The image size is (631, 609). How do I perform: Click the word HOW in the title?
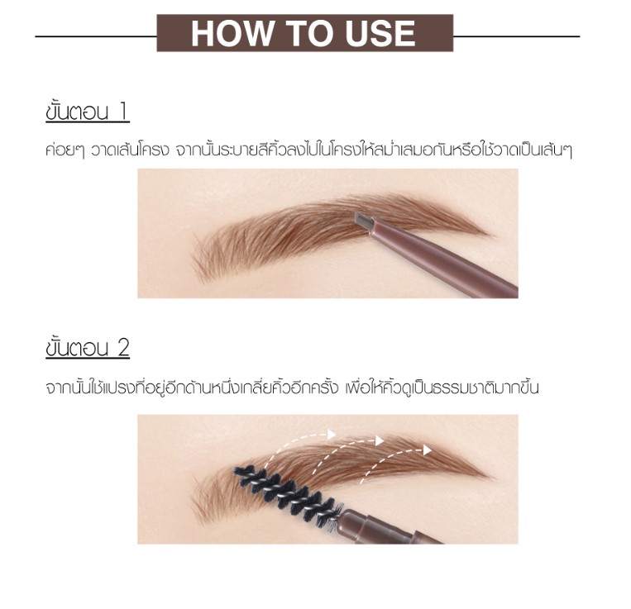point(232,33)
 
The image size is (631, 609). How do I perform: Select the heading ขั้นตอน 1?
point(88,112)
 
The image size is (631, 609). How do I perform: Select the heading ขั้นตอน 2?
point(88,347)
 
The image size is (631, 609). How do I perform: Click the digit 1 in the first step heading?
point(123,112)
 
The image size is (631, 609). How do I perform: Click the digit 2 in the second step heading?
point(123,348)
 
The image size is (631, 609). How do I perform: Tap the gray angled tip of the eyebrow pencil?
point(364,219)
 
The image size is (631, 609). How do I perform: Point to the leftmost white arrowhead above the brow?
point(332,434)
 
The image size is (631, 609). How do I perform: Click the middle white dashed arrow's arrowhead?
point(379,440)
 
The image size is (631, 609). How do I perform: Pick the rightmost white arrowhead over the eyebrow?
point(428,450)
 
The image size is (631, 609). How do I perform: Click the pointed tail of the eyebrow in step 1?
point(490,235)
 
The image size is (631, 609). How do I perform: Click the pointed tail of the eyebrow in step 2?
point(490,477)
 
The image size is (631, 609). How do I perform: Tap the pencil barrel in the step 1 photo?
point(442,257)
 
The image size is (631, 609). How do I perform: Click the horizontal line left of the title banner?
point(96,36)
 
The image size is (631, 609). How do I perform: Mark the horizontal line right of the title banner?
point(517,36)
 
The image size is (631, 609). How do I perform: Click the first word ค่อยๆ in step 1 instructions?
point(65,150)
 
